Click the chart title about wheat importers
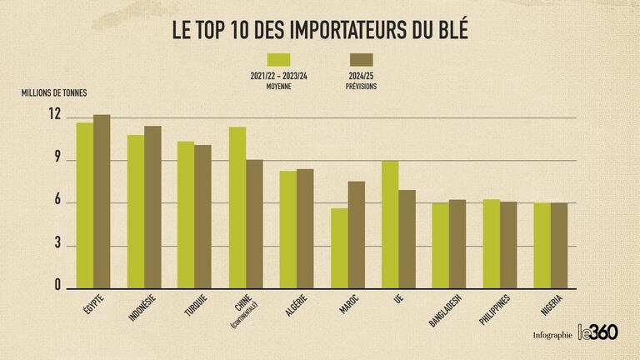tap(319, 30)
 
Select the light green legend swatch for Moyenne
tap(278, 59)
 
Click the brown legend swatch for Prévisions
tap(361, 59)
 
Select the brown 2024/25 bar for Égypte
tap(102, 202)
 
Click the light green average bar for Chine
tap(237, 207)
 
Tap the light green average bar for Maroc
tap(339, 248)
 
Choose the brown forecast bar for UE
tap(407, 239)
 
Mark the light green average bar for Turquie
tap(186, 215)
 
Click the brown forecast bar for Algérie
tap(305, 229)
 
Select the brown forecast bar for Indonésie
tap(152, 207)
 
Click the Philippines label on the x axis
tap(495, 309)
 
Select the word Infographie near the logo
tap(552, 335)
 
